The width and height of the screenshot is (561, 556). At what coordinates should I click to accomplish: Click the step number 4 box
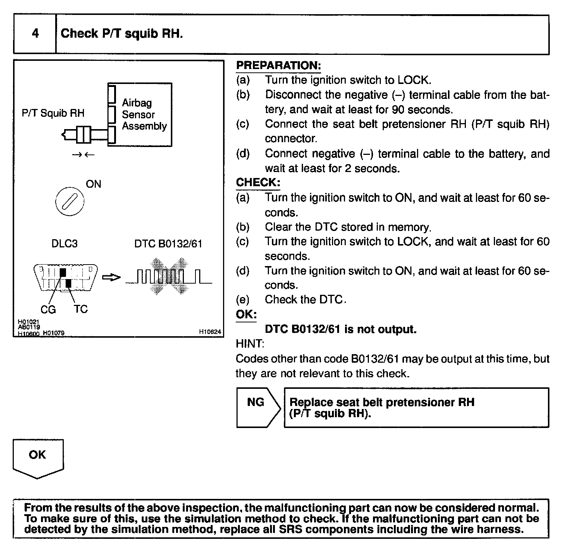pos(35,34)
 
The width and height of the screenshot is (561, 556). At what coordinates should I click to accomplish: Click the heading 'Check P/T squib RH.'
pos(122,34)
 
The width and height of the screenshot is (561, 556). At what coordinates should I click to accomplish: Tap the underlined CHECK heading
pos(258,182)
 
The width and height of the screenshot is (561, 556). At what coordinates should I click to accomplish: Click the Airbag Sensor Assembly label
pos(144,114)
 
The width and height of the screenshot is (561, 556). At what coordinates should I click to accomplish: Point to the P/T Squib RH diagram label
pos(53,113)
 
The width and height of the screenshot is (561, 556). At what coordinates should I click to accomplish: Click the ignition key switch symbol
pos(69,202)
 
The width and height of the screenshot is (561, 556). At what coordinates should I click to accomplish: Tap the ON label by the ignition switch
pos(93,184)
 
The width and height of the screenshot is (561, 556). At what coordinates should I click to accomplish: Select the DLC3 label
pos(65,244)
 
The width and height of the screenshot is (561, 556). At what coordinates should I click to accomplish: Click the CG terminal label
pos(48,309)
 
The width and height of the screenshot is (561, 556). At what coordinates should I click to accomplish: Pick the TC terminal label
pos(81,309)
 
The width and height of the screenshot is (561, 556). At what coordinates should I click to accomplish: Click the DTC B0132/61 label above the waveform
pos(168,244)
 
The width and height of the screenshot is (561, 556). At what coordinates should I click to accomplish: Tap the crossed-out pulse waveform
pos(169,277)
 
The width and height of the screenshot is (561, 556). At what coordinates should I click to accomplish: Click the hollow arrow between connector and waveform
pos(112,277)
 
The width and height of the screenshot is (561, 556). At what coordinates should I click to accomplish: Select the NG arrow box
pos(257,407)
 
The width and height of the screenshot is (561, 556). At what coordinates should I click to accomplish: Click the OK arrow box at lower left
pos(38,457)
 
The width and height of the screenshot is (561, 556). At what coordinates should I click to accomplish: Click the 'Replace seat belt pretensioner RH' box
pos(416,407)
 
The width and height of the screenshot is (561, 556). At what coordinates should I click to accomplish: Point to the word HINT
pos(250,344)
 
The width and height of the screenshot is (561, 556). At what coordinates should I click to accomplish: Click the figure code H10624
pos(210,332)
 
